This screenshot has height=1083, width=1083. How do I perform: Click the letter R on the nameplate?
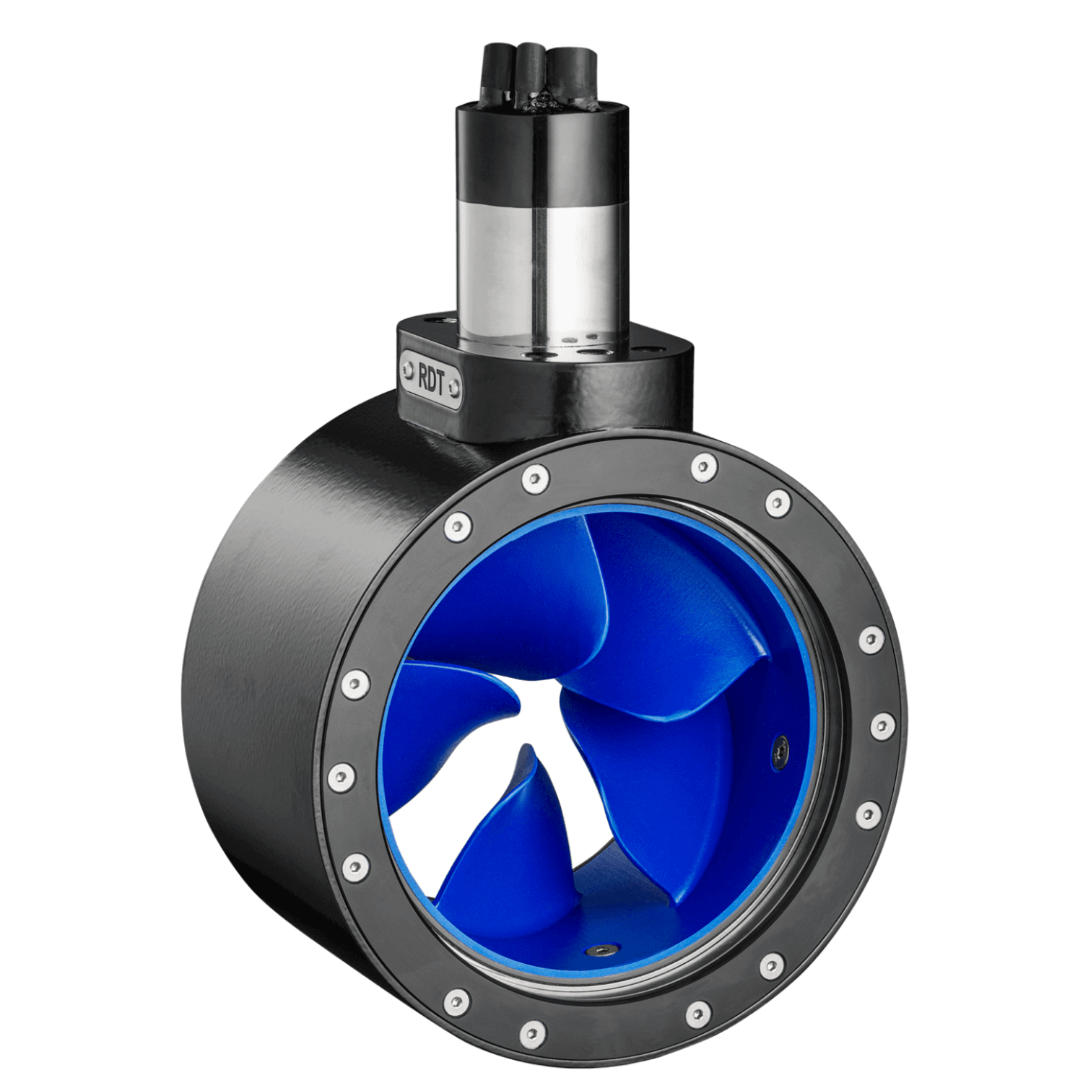[x=422, y=374]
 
